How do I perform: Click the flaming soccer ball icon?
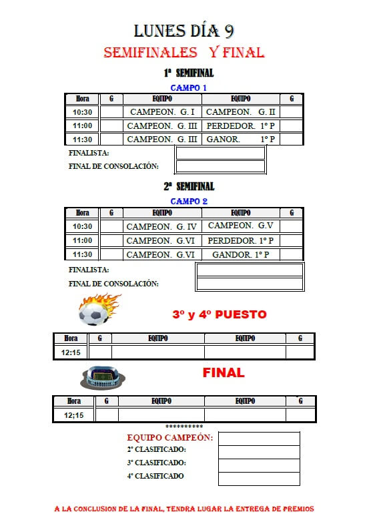pos(98,310)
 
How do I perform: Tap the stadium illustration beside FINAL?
pos(102,377)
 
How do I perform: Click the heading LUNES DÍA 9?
pos(184,31)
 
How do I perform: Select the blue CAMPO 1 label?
pos(189,88)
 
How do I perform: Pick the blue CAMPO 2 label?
pos(189,201)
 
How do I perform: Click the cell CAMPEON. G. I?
pos(162,112)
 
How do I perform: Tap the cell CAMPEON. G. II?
pos(241,112)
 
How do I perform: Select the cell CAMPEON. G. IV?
pos(162,226)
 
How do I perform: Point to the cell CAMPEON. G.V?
pos(241,226)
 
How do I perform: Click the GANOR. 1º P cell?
pos(241,139)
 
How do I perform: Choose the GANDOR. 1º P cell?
pos(241,254)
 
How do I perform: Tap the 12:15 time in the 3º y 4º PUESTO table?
pos(71,352)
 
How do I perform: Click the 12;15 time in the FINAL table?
pos(73,415)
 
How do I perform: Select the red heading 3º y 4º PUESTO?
pos(220,314)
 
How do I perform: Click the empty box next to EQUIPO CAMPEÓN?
pos(259,439)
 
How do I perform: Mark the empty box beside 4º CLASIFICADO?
pos(259,479)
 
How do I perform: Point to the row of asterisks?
pos(184,427)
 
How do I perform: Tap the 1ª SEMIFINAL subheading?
pos(189,73)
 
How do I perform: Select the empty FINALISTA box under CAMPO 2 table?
pos(250,270)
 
